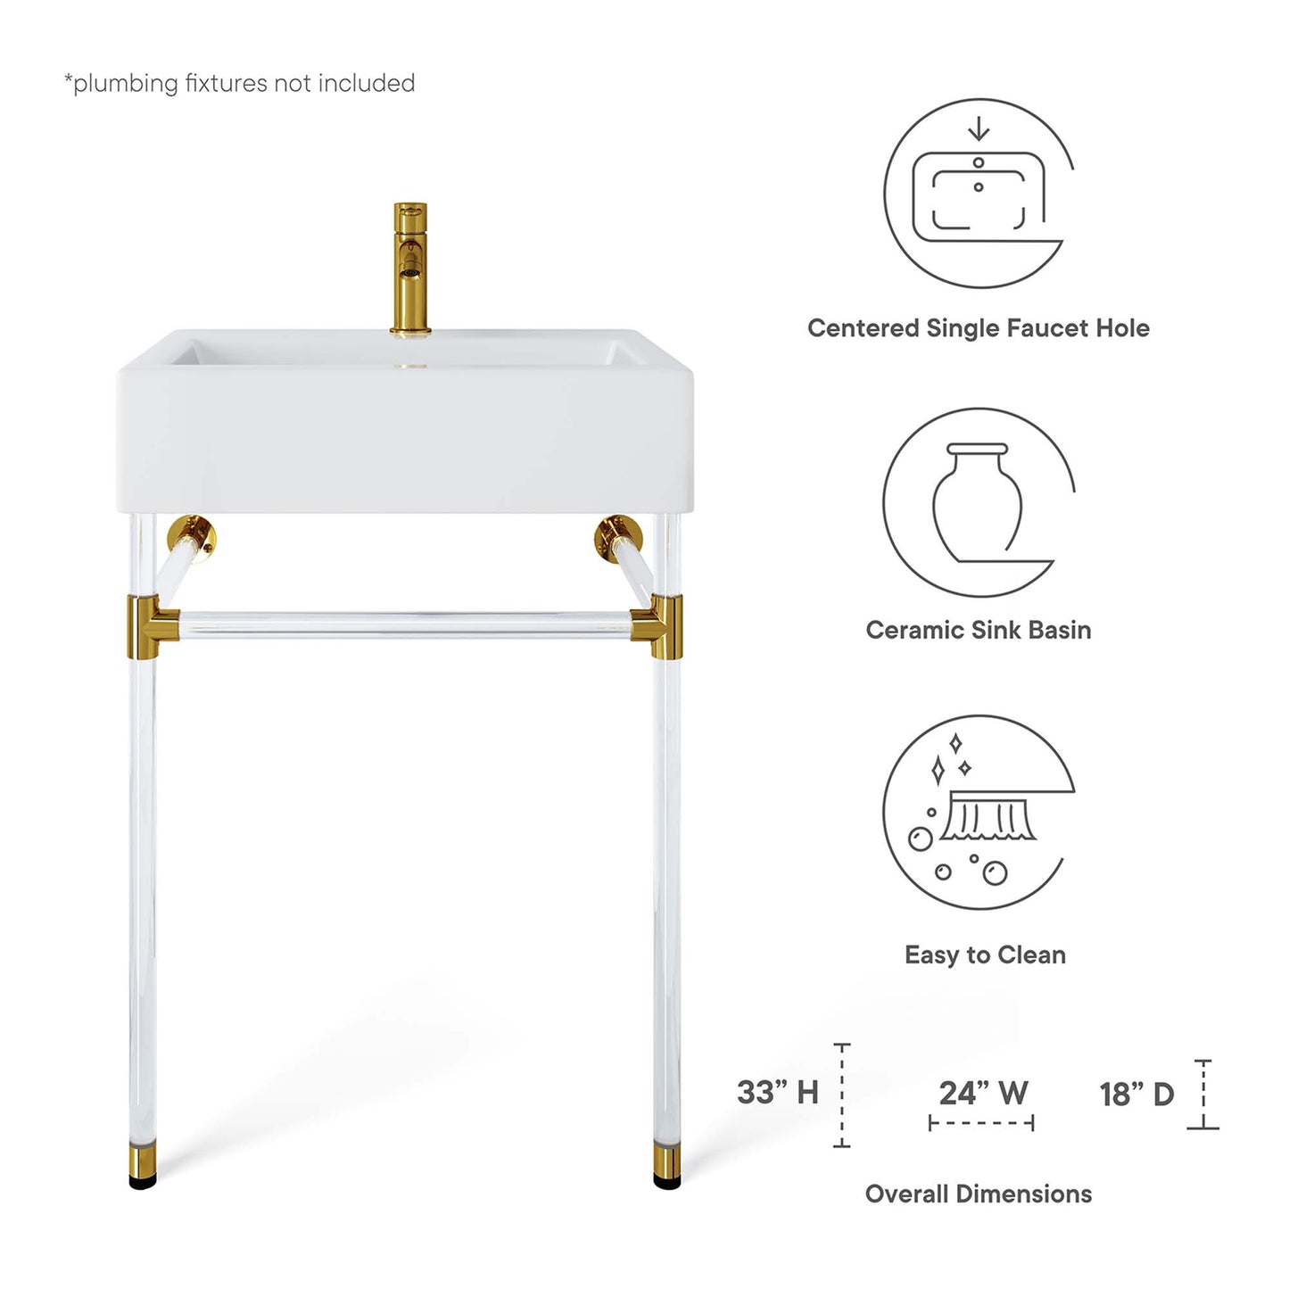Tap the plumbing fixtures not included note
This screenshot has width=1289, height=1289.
tap(240, 83)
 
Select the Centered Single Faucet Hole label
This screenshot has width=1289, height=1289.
tap(978, 328)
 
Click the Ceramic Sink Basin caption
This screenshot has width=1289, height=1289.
tap(978, 630)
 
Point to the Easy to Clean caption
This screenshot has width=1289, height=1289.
tap(985, 954)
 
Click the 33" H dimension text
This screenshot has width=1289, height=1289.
tap(777, 1092)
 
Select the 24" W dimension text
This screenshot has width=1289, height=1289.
tap(983, 1093)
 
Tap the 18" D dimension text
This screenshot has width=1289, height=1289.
tap(1136, 1094)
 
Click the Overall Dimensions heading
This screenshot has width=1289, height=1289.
tap(978, 1194)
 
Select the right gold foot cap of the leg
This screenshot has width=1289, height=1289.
tap(666, 1163)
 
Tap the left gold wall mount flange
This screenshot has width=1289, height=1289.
tap(194, 537)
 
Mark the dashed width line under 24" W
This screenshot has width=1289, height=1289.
tap(981, 1123)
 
